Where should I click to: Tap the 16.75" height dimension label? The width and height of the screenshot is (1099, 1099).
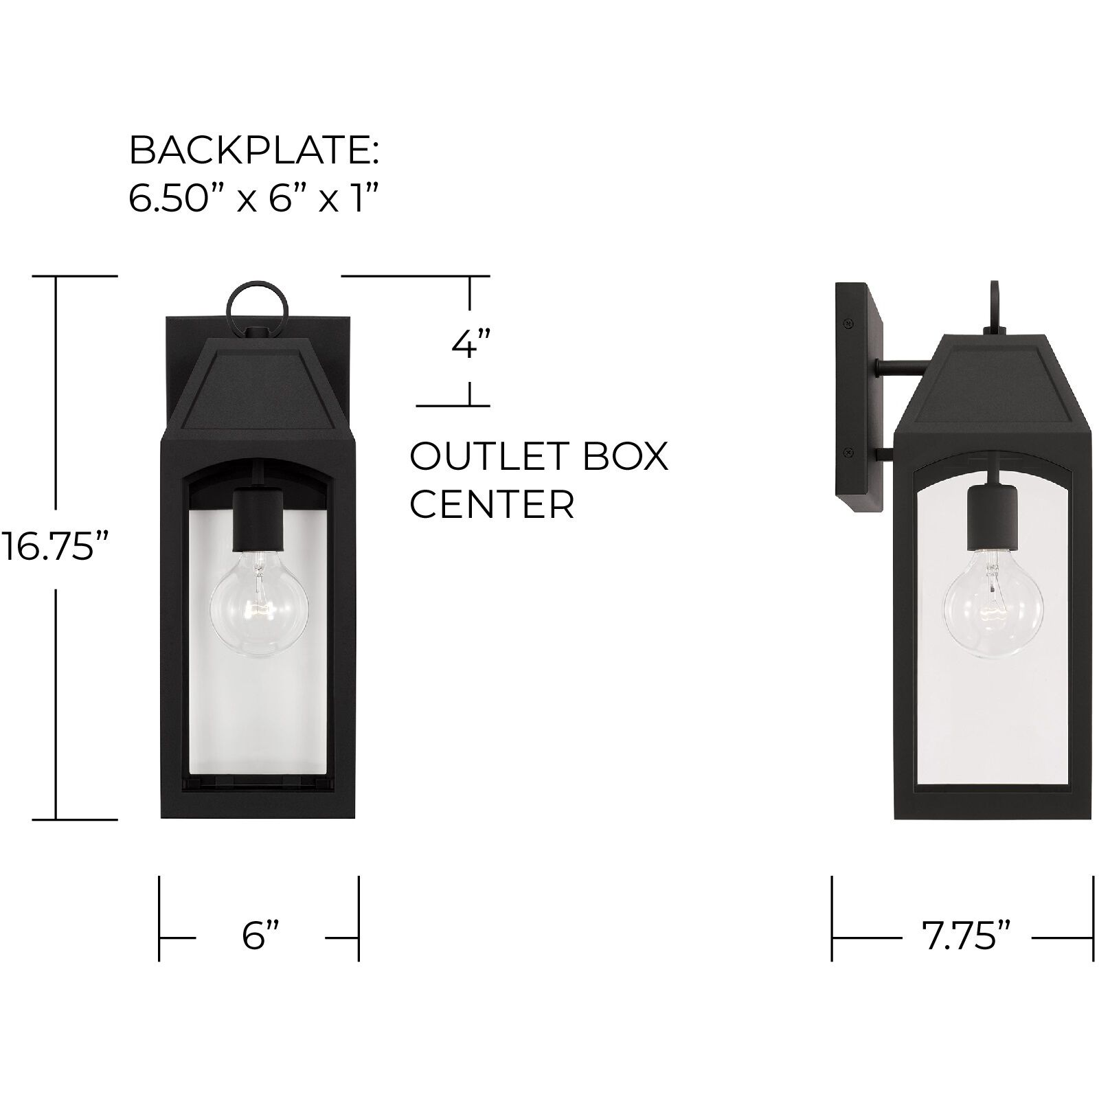55,547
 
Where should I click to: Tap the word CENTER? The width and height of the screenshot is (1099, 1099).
491,505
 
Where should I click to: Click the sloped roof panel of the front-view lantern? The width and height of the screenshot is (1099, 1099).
258,389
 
